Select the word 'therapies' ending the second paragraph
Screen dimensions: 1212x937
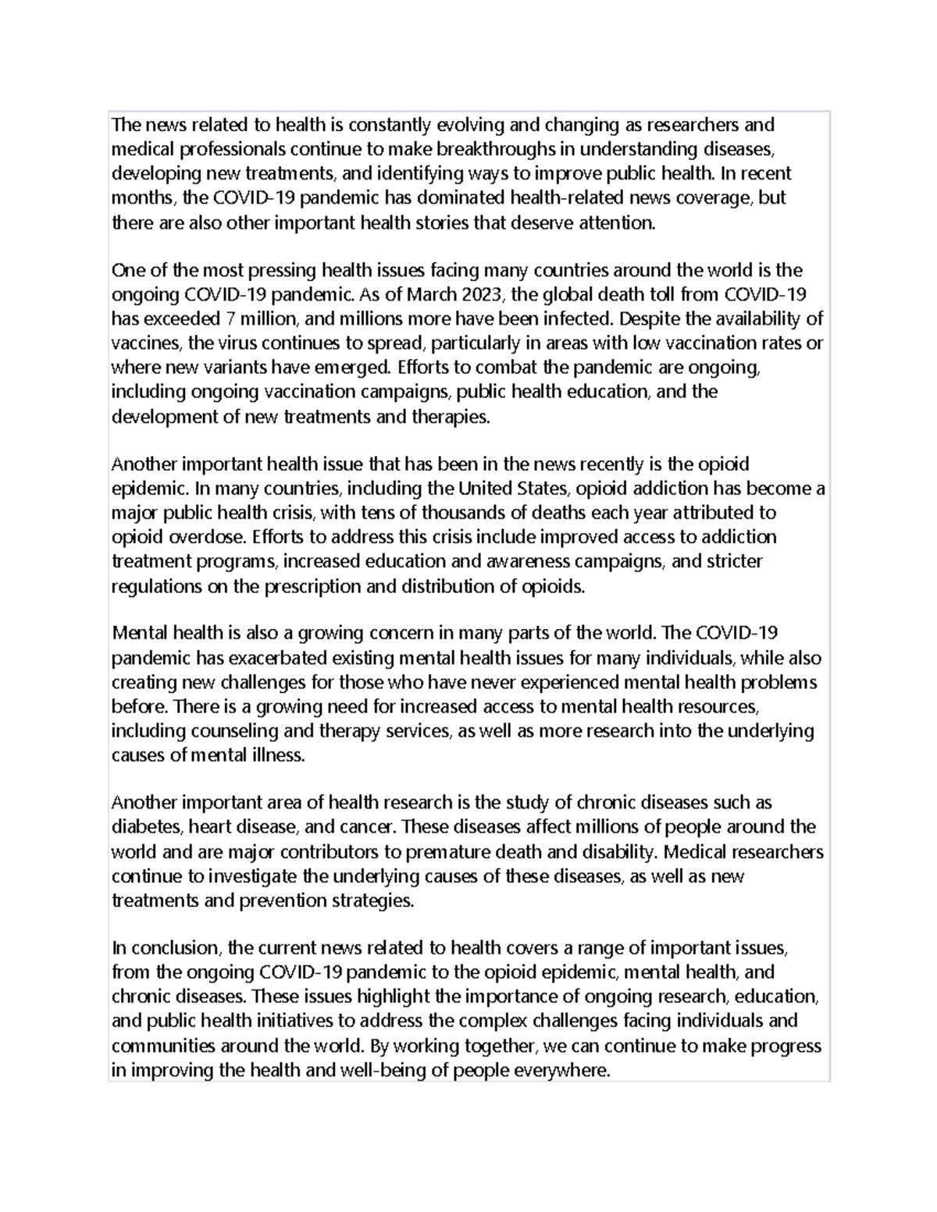pos(453,416)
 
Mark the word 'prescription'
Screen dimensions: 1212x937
pos(309,586)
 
